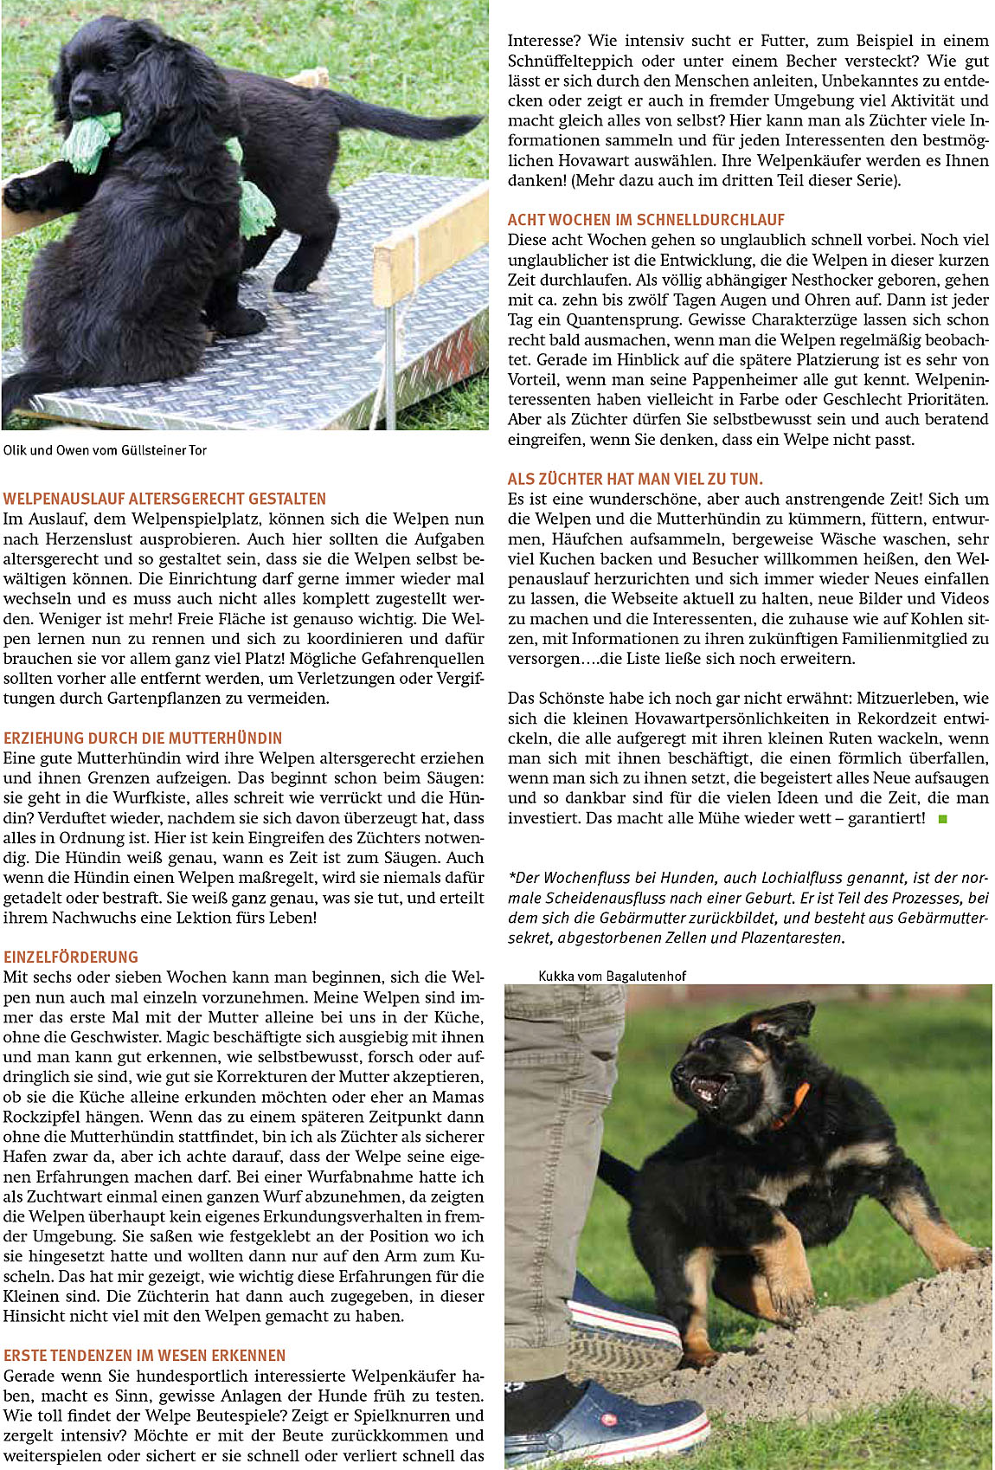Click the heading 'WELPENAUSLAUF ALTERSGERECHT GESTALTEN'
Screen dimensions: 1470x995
[164, 499]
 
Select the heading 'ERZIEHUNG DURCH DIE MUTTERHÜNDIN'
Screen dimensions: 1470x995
[143, 738]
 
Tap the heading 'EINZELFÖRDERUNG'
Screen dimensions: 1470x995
[71, 957]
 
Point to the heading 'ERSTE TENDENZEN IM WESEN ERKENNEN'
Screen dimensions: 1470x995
[144, 1355]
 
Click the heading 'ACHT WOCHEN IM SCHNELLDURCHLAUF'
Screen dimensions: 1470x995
[646, 220]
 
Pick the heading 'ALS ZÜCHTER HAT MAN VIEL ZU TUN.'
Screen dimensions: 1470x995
[635, 479]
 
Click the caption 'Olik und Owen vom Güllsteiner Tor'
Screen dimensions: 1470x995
[105, 450]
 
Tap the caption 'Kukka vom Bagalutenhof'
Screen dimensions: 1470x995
[612, 976]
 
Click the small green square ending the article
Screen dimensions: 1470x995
[943, 818]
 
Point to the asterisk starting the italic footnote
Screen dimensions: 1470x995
[512, 876]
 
